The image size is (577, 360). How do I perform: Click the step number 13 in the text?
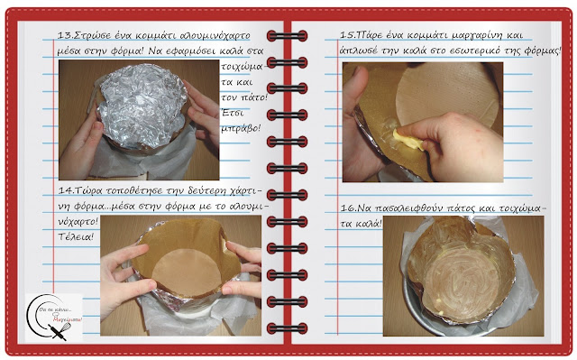65,36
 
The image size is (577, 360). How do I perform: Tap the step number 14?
66,190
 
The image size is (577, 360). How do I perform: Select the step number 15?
347,36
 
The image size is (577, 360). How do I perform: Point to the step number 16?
348,208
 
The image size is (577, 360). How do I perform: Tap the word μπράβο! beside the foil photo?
241,128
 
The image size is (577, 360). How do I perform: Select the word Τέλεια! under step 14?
76,236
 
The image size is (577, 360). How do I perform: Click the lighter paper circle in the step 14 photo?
187,272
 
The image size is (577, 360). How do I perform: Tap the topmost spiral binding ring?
287,36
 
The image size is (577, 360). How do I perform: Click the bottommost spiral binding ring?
287,328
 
